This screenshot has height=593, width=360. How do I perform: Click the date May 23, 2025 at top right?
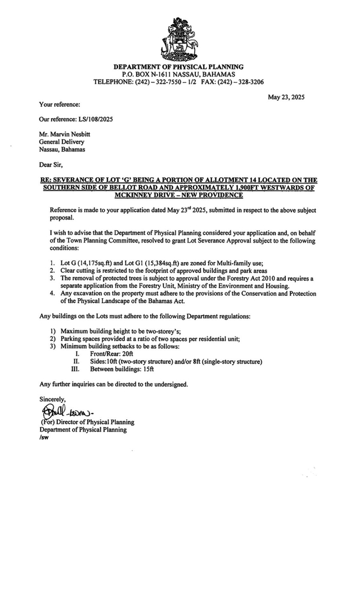286,97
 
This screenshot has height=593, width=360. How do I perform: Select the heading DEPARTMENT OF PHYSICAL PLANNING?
178,67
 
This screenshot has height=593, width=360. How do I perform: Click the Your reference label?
60,104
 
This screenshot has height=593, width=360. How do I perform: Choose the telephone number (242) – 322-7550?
160,82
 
